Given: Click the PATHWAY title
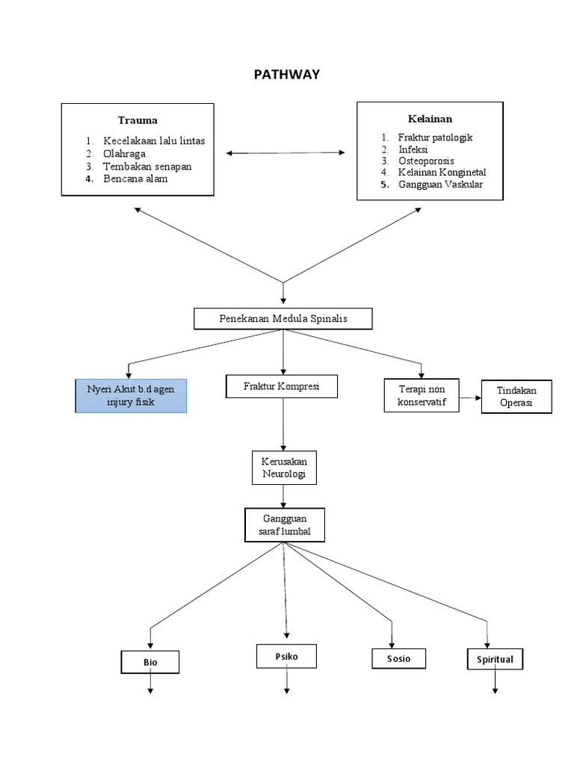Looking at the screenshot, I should [x=287, y=74].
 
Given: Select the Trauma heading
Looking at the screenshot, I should [x=138, y=120].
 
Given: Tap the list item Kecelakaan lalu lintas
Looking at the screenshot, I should [x=154, y=141].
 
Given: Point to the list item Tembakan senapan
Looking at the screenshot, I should [x=147, y=167].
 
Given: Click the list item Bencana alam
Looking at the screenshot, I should [x=135, y=179].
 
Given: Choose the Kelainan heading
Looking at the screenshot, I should [x=430, y=119].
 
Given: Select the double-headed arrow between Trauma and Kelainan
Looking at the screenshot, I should [x=286, y=153].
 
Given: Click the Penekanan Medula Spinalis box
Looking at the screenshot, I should [x=283, y=319].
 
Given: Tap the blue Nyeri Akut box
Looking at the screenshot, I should [x=131, y=396].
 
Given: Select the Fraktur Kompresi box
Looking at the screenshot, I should [x=281, y=386].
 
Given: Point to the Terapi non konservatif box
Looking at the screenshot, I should [x=421, y=395].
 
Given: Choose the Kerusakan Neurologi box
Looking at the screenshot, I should [x=283, y=468].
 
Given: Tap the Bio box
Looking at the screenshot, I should [x=150, y=663].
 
